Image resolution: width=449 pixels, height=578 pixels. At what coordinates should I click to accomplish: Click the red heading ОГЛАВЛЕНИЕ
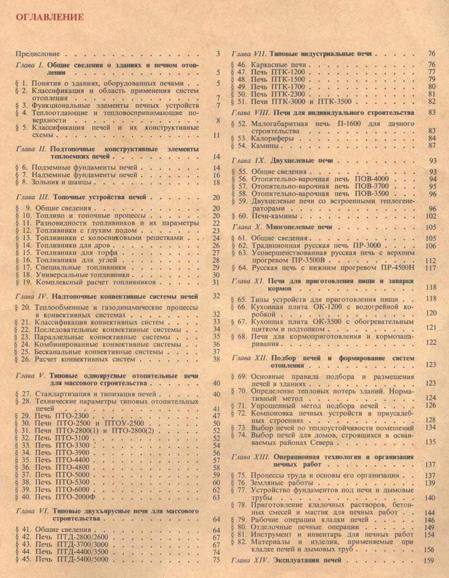[x=49, y=17]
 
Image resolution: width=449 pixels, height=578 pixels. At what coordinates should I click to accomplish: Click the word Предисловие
[x=37, y=54]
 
